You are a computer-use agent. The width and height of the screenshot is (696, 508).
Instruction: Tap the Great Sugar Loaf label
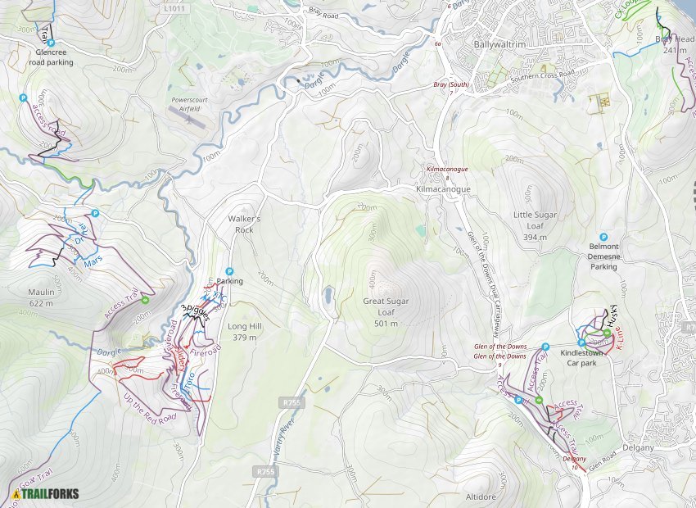(x=386, y=306)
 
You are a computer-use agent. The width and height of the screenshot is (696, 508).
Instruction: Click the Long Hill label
(x=245, y=331)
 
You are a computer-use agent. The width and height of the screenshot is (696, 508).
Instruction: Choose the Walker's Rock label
(x=244, y=225)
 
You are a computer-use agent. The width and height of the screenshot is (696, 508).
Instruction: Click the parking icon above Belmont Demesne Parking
(x=604, y=236)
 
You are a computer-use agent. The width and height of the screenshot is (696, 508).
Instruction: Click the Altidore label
(x=481, y=497)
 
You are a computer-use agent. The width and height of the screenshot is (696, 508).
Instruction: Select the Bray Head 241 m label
(x=675, y=44)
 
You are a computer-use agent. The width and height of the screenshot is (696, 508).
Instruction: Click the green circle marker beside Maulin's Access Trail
(x=145, y=300)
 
